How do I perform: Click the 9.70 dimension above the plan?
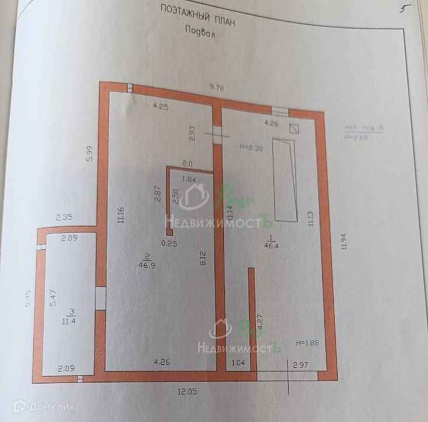217,88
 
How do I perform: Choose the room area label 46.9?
146,264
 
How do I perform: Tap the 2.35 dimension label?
64,218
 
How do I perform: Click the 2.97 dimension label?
300,365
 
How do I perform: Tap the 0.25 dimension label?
169,244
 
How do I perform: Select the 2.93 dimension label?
192,134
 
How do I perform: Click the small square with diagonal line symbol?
294,130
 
